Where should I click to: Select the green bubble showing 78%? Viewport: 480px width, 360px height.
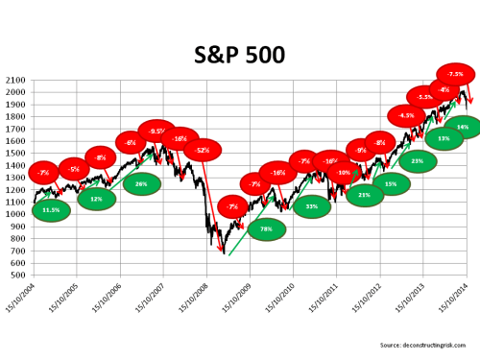coord(266,229)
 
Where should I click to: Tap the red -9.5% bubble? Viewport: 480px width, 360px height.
coord(157,131)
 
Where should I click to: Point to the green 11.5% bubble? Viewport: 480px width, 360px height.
coord(51,209)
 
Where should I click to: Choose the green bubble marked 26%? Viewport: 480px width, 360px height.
coord(141,183)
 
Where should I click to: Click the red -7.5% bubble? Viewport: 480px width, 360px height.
coord(455,74)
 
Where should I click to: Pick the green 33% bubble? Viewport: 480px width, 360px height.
coord(312,206)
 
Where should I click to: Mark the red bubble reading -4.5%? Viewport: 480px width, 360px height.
coord(406,115)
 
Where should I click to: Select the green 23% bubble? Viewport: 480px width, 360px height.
coord(417,161)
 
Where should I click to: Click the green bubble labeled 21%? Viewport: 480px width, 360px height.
coord(364,195)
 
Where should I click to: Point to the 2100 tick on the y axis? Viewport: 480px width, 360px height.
coord(17,80)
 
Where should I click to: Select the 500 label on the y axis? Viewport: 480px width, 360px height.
coord(20,275)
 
